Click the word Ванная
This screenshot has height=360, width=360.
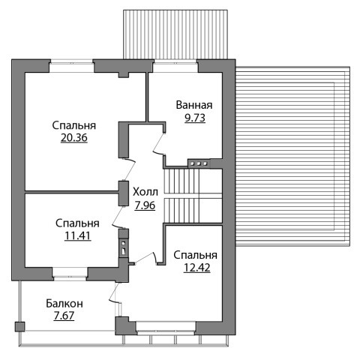click(194, 105)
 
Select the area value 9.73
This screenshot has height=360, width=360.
click(195, 118)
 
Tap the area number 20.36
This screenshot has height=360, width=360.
click(74, 138)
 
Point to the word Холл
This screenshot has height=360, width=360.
click(145, 192)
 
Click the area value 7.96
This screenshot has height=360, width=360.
click(145, 205)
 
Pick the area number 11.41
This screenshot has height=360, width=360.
click(77, 235)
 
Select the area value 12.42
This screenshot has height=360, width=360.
click(196, 268)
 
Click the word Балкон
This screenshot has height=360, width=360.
click(64, 304)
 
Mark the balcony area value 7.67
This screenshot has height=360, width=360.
click(64, 316)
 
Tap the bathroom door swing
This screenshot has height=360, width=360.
click(158, 144)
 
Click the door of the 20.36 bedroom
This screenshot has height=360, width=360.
click(129, 170)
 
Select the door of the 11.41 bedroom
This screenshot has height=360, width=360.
click(118, 217)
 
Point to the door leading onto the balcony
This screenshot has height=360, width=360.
click(115, 292)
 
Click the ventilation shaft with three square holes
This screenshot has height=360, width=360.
click(199, 163)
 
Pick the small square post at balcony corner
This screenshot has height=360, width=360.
click(19, 327)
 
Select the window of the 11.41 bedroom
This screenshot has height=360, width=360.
click(70, 274)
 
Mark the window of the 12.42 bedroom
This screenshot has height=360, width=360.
click(166, 328)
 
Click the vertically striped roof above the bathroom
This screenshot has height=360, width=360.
click(175, 34)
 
